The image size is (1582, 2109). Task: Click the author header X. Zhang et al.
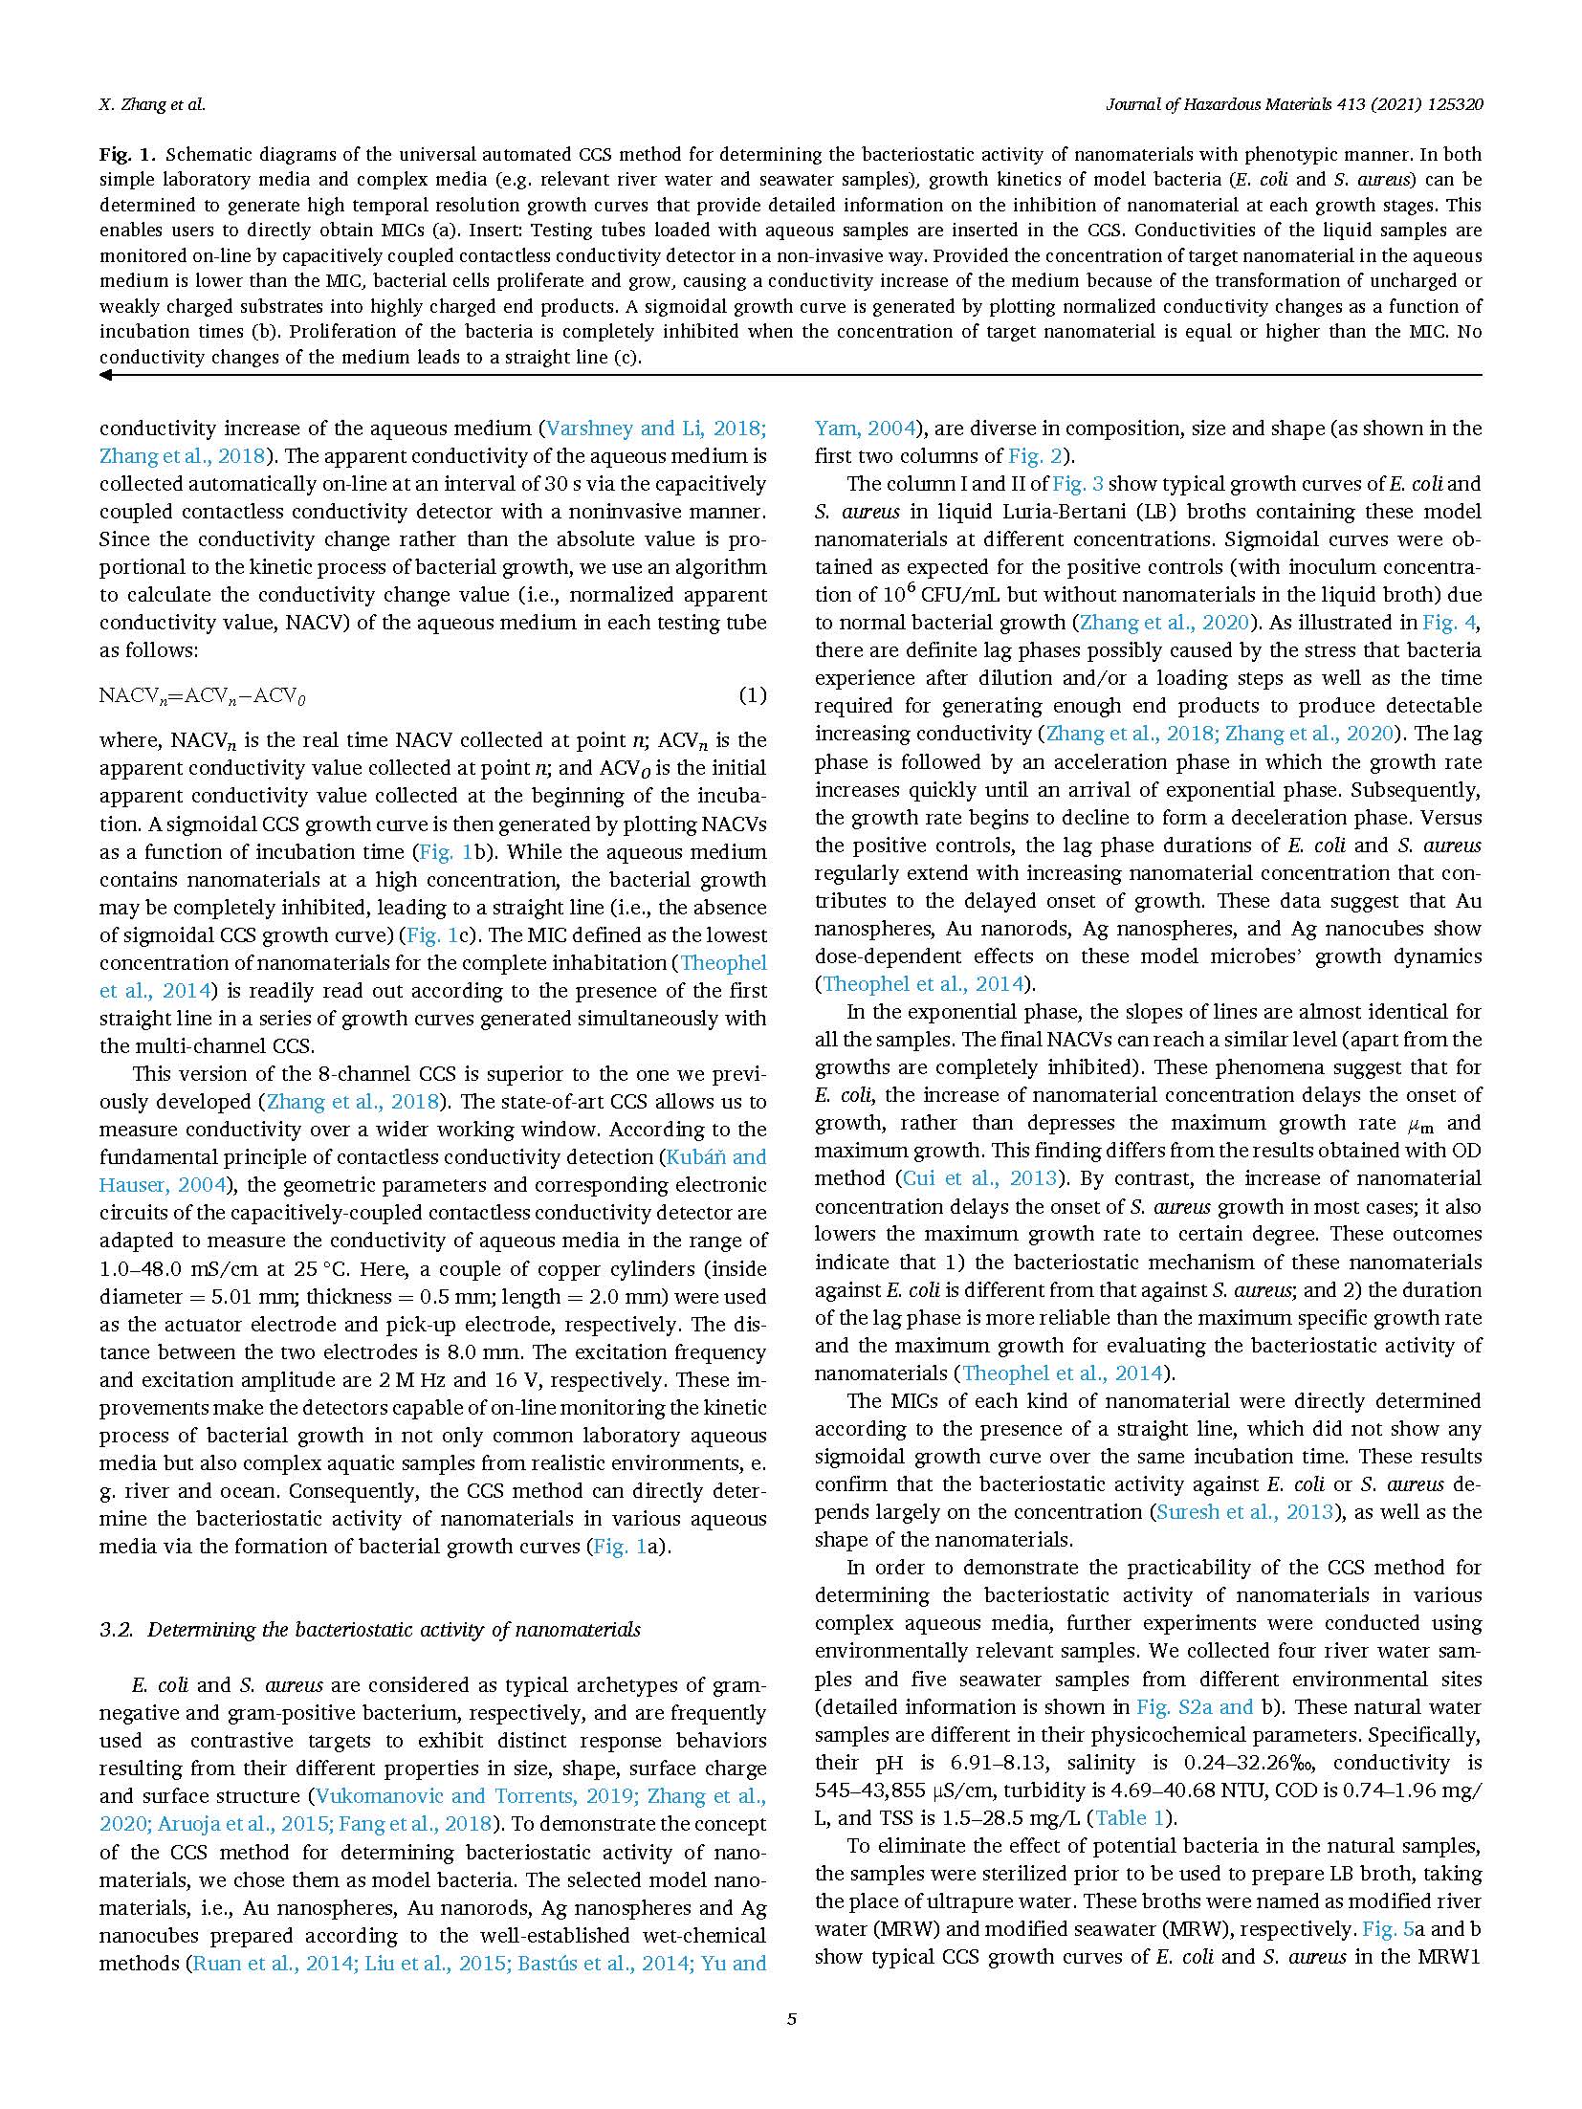coord(152,105)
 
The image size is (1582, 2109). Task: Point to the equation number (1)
coord(753,695)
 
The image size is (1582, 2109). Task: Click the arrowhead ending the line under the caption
coord(105,375)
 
